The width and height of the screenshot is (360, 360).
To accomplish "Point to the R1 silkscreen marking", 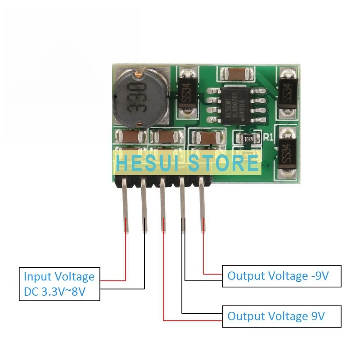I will [x=269, y=138].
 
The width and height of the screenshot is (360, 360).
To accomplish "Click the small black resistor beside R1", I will [x=248, y=139].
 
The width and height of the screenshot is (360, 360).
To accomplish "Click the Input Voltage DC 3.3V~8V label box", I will [x=59, y=284].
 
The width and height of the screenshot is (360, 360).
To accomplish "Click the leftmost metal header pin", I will [x=126, y=207].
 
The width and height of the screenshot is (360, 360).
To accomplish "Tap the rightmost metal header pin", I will [x=202, y=207].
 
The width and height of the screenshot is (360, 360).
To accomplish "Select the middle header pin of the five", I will [x=163, y=207].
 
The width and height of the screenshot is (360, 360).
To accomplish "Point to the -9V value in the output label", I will [x=320, y=276].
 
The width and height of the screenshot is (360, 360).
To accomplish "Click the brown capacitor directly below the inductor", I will [x=130, y=136].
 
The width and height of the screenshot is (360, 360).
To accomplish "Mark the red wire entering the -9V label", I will [x=212, y=273].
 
